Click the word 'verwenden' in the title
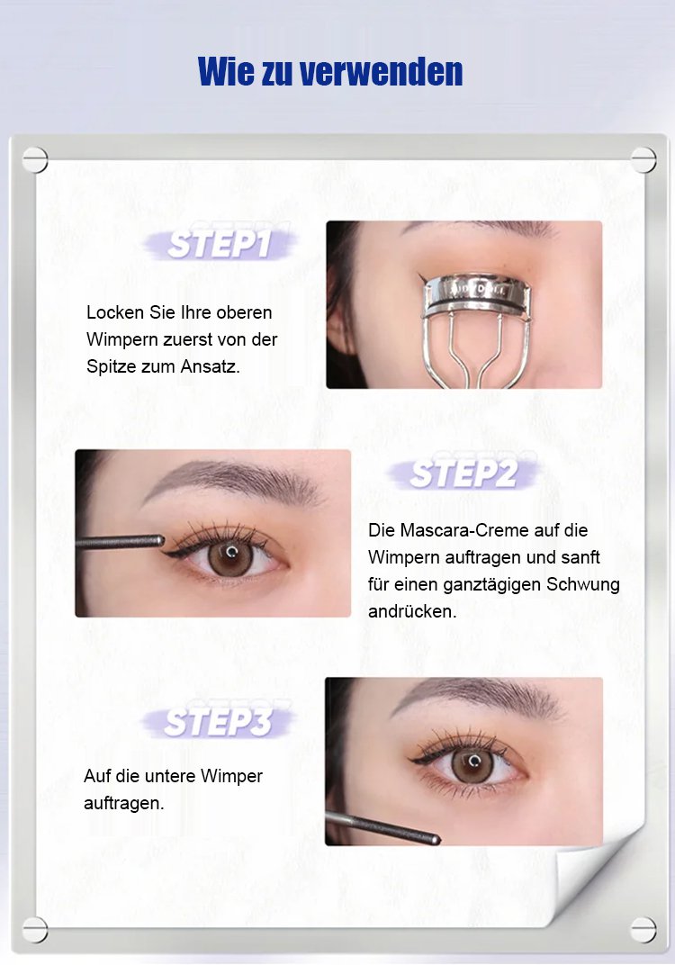coord(381,71)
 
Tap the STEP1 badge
coord(220,243)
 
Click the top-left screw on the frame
coord(35,160)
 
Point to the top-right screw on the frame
coord(643,160)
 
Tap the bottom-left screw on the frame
coord(35,929)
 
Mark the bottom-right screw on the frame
coord(643,929)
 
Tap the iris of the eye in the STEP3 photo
coord(472,764)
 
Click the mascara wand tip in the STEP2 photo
coord(159,540)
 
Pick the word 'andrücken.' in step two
coord(412,612)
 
